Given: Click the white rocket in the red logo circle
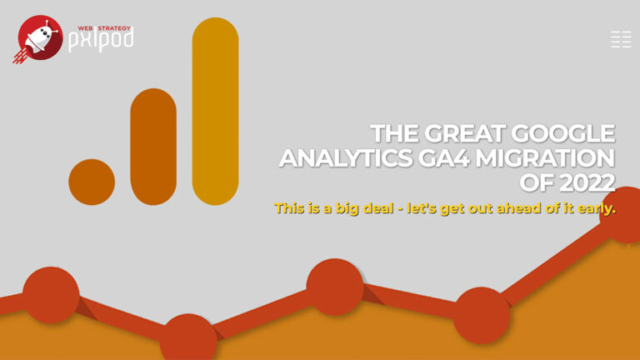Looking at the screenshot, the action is coord(37,38).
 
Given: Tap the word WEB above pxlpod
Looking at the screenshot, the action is coord(85,28).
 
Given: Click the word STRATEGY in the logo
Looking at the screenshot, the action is coord(114,28).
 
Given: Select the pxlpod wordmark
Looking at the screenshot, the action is coord(100,41).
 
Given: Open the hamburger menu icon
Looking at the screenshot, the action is coord(621,40).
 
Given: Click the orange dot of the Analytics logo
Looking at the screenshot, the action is coord(92,182).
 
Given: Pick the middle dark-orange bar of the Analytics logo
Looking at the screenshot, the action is coord(153,147).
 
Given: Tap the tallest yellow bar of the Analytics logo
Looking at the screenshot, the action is coord(216,111).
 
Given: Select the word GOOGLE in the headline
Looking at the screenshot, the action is coord(563,133).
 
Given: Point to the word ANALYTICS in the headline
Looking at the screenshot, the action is coord(346,158).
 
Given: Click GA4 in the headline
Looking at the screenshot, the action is coord(444,158).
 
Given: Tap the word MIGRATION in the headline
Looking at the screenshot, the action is coord(546,158).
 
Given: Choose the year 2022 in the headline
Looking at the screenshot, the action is coord(587,182).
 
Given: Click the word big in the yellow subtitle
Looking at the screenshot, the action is coord(347,208).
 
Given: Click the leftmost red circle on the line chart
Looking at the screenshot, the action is coord(51,295).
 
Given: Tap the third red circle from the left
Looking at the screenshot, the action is coord(335,287).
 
